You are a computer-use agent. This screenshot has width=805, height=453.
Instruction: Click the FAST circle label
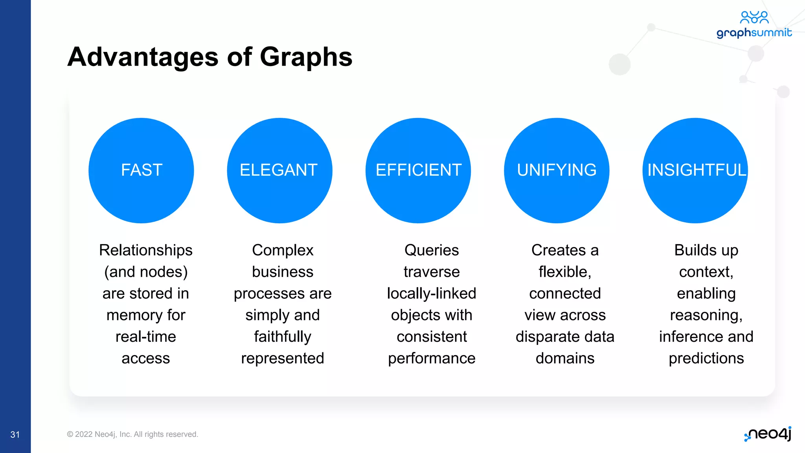pyautogui.click(x=142, y=170)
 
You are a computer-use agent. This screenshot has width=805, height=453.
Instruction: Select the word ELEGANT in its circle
pyautogui.click(x=279, y=170)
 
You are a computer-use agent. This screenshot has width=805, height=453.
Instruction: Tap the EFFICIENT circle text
pyautogui.click(x=418, y=170)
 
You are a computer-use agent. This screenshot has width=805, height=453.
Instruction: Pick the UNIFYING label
pyautogui.click(x=557, y=170)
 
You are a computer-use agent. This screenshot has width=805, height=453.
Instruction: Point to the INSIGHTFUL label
pyautogui.click(x=696, y=170)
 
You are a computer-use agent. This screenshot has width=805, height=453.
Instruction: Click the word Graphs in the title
pyautogui.click(x=306, y=57)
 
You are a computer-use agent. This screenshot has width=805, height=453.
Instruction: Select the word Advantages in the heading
pyautogui.click(x=143, y=57)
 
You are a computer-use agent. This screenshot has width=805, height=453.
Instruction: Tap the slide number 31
pyautogui.click(x=15, y=435)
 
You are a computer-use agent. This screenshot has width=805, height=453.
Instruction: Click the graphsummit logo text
pyautogui.click(x=754, y=33)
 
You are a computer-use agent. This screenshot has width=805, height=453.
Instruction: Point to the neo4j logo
pyautogui.click(x=768, y=434)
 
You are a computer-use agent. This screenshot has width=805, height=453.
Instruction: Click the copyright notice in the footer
pyautogui.click(x=132, y=434)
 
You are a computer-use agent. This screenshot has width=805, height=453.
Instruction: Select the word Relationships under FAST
pyautogui.click(x=146, y=250)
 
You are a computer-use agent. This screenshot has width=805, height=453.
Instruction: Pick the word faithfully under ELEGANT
pyautogui.click(x=283, y=337)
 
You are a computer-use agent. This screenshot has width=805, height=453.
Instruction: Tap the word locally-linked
pyautogui.click(x=432, y=294)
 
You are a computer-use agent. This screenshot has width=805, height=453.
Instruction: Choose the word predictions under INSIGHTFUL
pyautogui.click(x=706, y=359)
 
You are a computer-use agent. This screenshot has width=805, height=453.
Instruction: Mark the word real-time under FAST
pyautogui.click(x=146, y=337)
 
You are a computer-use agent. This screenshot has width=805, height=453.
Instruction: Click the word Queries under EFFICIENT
pyautogui.click(x=432, y=250)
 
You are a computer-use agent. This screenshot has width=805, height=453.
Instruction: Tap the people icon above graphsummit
pyautogui.click(x=754, y=17)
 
